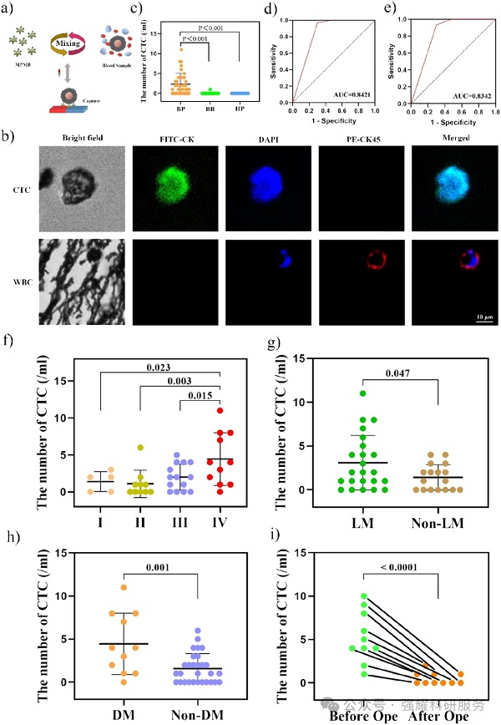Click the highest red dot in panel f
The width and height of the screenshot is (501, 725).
(219, 411)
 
